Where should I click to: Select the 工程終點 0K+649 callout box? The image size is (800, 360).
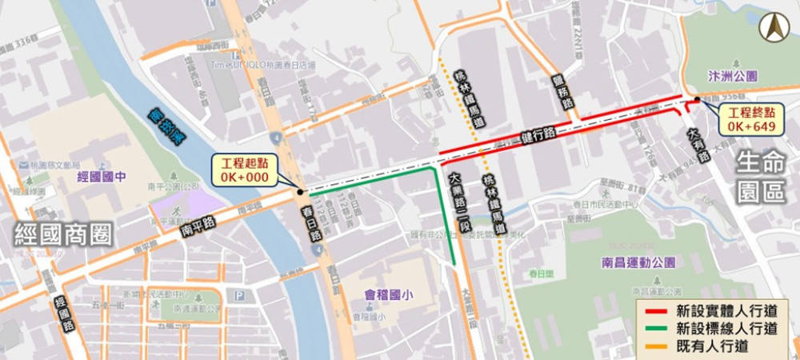pyautogui.click(x=749, y=119)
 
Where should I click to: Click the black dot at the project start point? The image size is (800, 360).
pyautogui.click(x=299, y=192)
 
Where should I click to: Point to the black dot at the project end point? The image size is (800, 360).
pyautogui.click(x=698, y=100)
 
